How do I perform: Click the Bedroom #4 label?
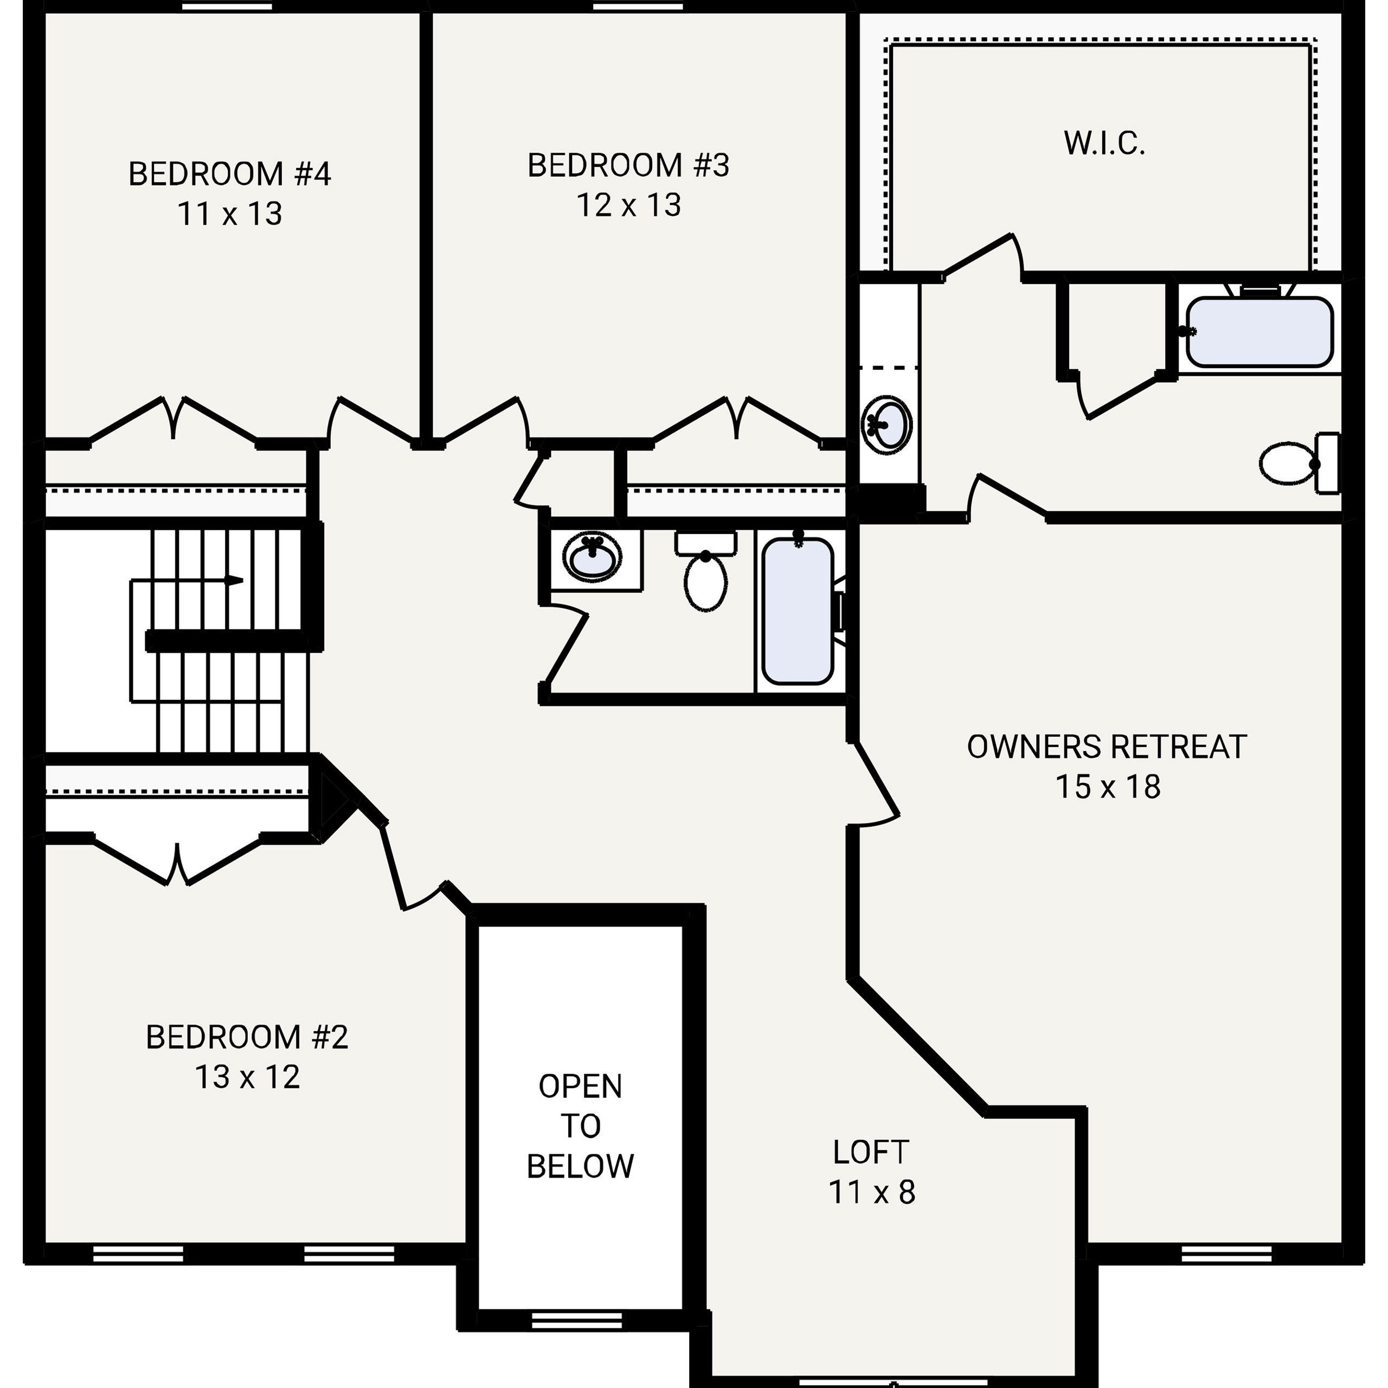pos(229,175)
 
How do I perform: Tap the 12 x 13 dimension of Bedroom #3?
pos(628,205)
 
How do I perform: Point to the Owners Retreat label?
pos(1107,748)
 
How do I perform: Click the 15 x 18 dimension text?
pos(1107,787)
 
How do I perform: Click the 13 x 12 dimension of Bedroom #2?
pos(247,1078)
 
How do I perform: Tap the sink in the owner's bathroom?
pos(887,424)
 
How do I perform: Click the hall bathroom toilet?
pos(705,575)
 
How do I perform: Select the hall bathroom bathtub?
pos(798,611)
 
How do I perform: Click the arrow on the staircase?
pos(234,581)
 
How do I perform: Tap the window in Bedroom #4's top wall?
pos(227,7)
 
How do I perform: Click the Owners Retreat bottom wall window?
pos(1226,1255)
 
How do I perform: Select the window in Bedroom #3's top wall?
pos(638,7)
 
